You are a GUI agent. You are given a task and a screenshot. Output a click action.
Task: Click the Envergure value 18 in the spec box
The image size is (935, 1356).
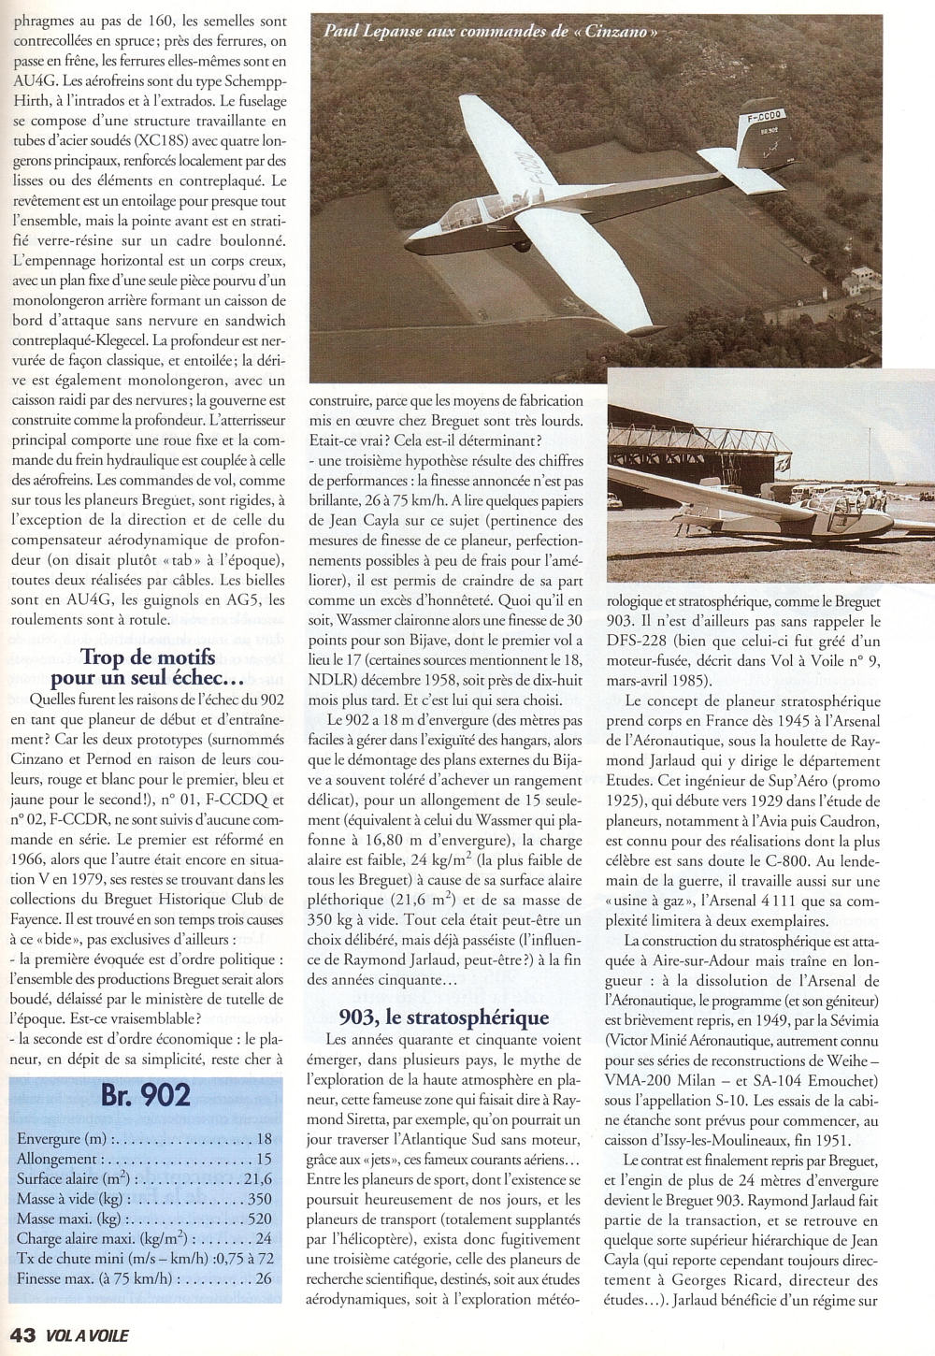264,1138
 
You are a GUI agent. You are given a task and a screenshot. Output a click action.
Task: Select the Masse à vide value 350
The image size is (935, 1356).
259,1198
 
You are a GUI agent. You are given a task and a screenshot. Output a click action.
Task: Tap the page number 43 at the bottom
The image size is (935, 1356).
21,1336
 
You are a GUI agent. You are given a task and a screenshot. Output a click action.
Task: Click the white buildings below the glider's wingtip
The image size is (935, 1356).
861,278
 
